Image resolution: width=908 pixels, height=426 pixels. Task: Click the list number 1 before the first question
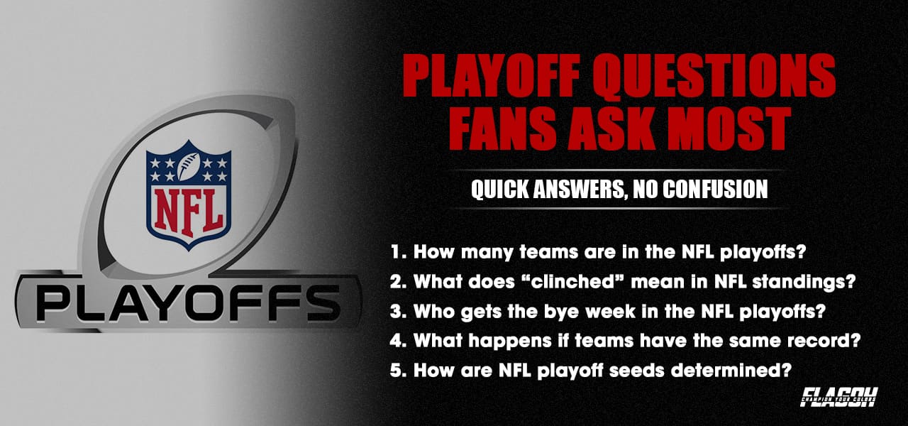coord(396,251)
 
